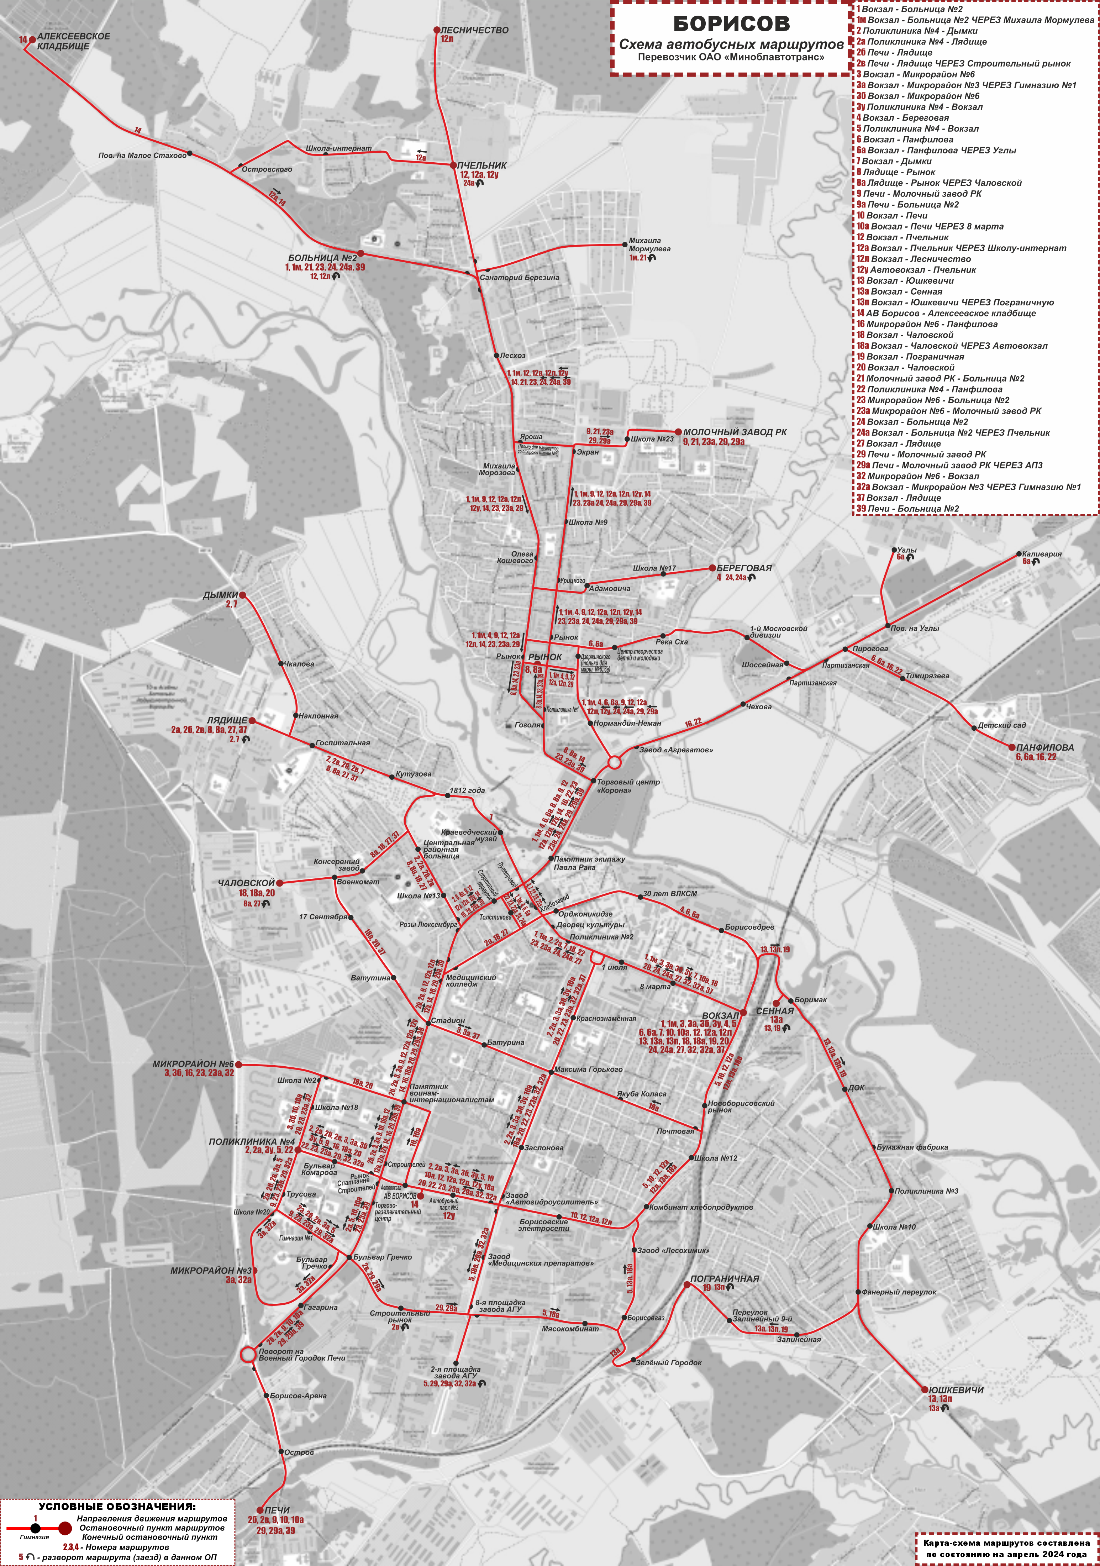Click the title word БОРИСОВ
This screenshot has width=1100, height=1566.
(x=731, y=24)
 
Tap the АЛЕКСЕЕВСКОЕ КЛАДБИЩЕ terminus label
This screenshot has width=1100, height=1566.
(x=73, y=41)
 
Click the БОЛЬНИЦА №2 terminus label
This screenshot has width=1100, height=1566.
(x=322, y=258)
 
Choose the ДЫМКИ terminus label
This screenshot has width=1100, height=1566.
(x=220, y=595)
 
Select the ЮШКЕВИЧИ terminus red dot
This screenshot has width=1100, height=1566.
(x=925, y=1389)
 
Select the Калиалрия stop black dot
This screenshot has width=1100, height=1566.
(x=1019, y=555)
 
